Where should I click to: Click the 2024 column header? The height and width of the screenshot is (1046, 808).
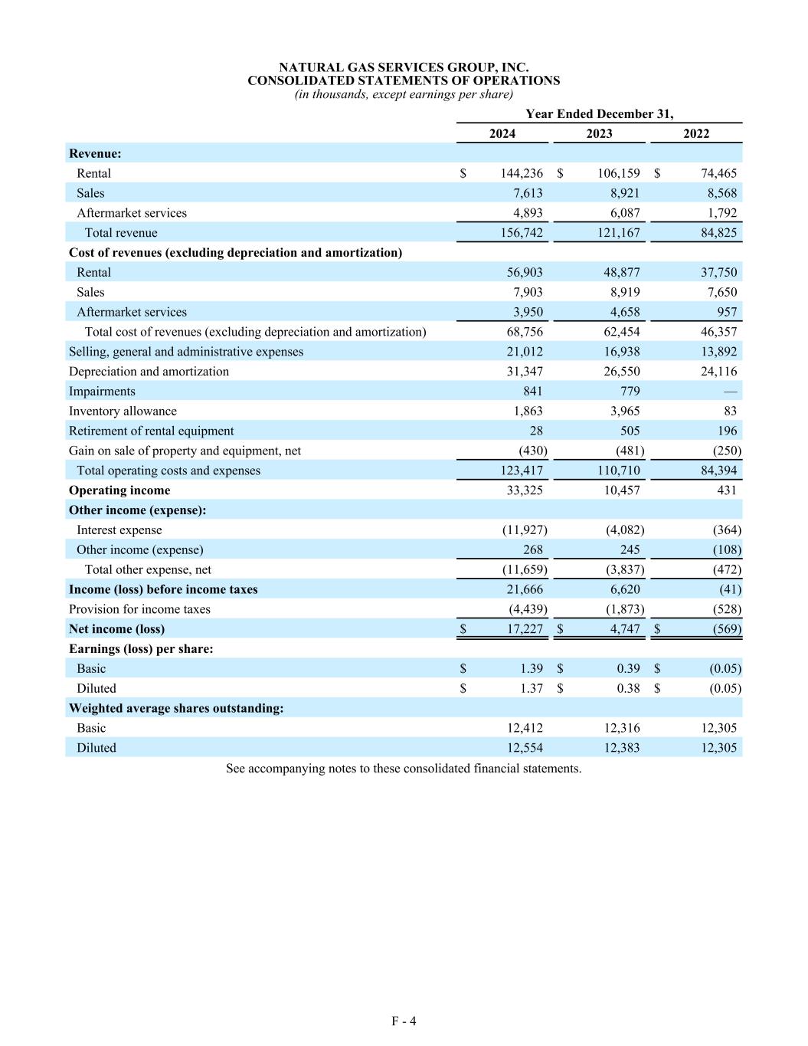coord(502,133)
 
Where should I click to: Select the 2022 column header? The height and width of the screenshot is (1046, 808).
coord(696,133)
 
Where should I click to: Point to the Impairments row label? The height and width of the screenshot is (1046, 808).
coord(102,392)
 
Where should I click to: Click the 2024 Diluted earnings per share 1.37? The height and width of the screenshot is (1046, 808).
coord(531,688)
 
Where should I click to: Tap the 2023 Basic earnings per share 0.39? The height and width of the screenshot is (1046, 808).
coord(628,668)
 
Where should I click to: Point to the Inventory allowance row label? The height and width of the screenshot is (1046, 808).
coord(123,412)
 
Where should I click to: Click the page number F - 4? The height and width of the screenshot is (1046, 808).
coord(404,1021)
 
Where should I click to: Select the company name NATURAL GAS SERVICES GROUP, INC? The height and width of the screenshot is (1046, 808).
coord(404,67)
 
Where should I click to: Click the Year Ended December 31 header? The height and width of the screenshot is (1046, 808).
coord(599,113)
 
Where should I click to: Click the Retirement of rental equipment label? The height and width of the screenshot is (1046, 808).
coord(151,431)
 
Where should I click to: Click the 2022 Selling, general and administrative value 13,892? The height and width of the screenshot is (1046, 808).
coord(718,352)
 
